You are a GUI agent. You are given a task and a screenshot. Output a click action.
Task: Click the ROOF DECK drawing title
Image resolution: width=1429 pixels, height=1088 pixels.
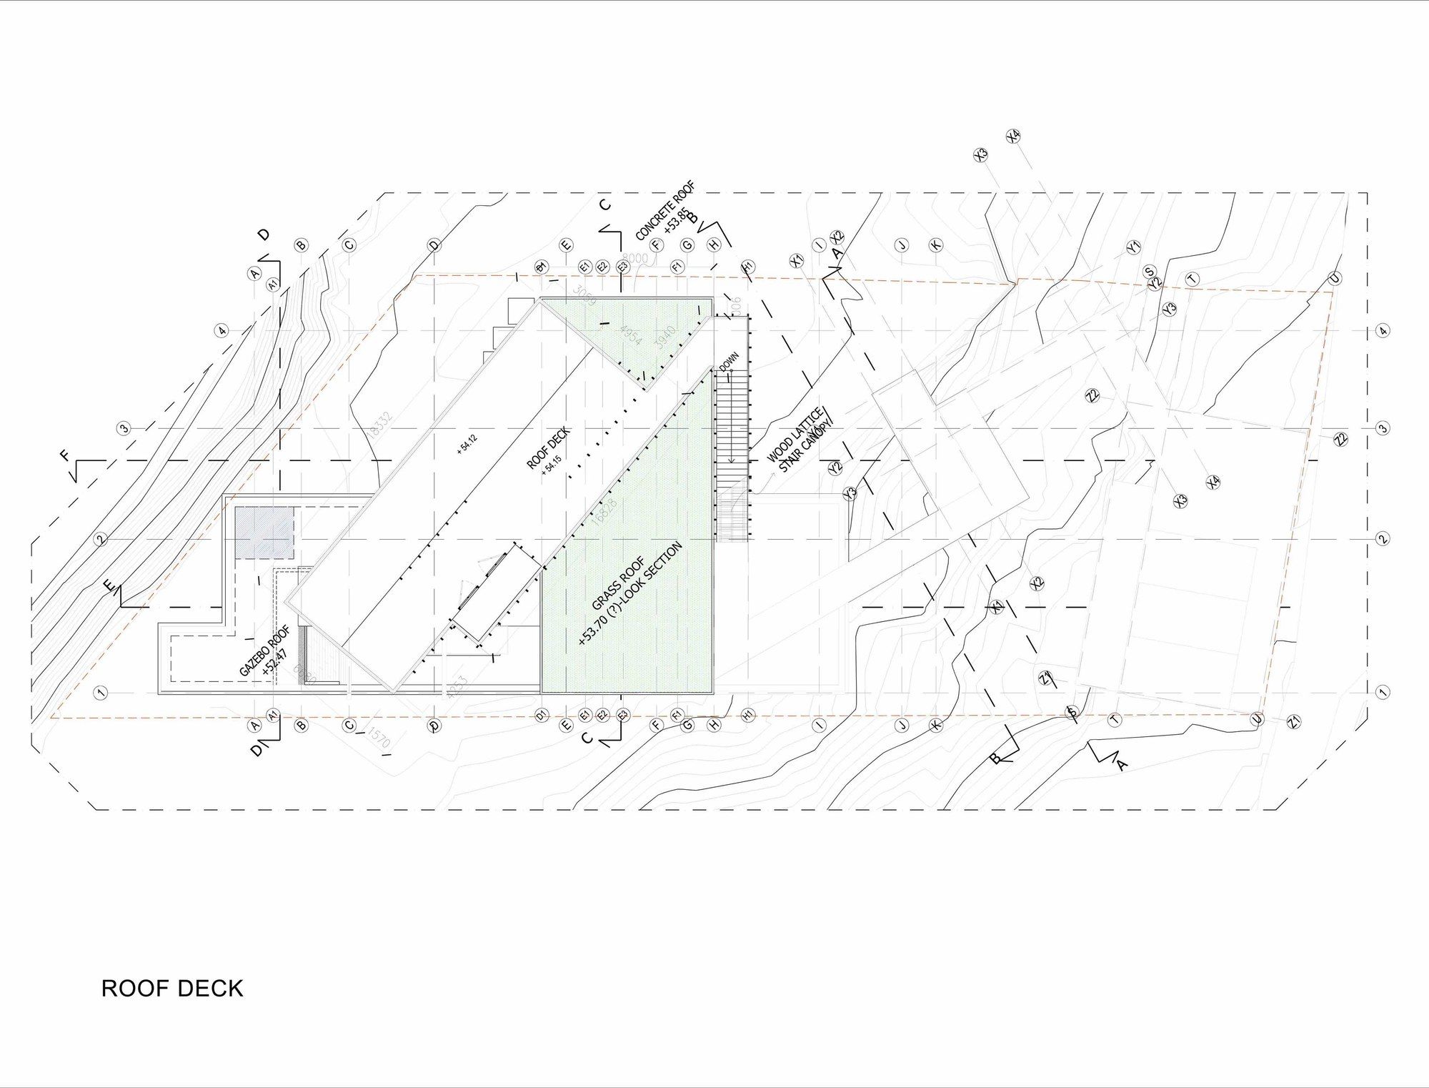[172, 989]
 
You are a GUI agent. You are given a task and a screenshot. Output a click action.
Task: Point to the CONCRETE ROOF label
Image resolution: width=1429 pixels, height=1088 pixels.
[664, 211]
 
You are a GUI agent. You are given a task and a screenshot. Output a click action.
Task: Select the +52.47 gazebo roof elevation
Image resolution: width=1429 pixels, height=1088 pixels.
[275, 661]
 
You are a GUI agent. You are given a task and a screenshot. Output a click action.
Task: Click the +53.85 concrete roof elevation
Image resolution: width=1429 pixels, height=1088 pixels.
[677, 221]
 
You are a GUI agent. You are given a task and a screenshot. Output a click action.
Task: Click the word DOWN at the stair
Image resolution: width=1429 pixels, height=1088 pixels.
[729, 361]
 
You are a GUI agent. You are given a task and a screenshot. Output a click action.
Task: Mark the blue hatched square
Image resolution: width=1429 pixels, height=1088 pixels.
[264, 533]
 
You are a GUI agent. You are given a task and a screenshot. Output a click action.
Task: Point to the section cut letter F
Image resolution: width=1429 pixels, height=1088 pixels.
[66, 455]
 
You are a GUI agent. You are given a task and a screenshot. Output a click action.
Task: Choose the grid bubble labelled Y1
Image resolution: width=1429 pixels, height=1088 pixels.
[1133, 247]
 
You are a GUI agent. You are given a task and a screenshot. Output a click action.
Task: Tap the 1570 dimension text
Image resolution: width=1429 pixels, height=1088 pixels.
[378, 738]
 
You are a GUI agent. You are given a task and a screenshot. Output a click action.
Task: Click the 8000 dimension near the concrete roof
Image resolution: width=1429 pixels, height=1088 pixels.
[634, 258]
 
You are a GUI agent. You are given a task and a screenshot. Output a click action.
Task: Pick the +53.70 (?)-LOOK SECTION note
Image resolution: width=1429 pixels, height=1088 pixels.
[631, 595]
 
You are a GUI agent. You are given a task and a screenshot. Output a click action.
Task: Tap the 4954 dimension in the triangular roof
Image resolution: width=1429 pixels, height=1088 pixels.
[631, 335]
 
